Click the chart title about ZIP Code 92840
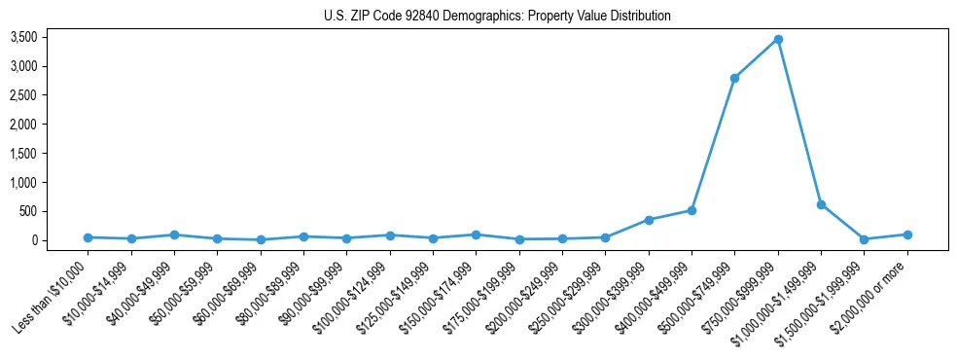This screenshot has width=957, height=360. [497, 17]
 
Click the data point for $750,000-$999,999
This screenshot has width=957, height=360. [778, 39]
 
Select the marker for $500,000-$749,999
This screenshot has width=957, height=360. [734, 78]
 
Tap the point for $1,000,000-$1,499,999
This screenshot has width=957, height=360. [821, 204]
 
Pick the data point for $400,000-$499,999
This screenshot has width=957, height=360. [691, 210]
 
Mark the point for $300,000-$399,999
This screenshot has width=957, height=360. [649, 220]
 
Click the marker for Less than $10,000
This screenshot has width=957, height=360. [88, 237]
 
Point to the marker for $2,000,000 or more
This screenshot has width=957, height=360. [907, 234]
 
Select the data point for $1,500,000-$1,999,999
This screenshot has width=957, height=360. [864, 239]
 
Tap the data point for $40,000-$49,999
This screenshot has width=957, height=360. [174, 234]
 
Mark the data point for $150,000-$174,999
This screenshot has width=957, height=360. [476, 234]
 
